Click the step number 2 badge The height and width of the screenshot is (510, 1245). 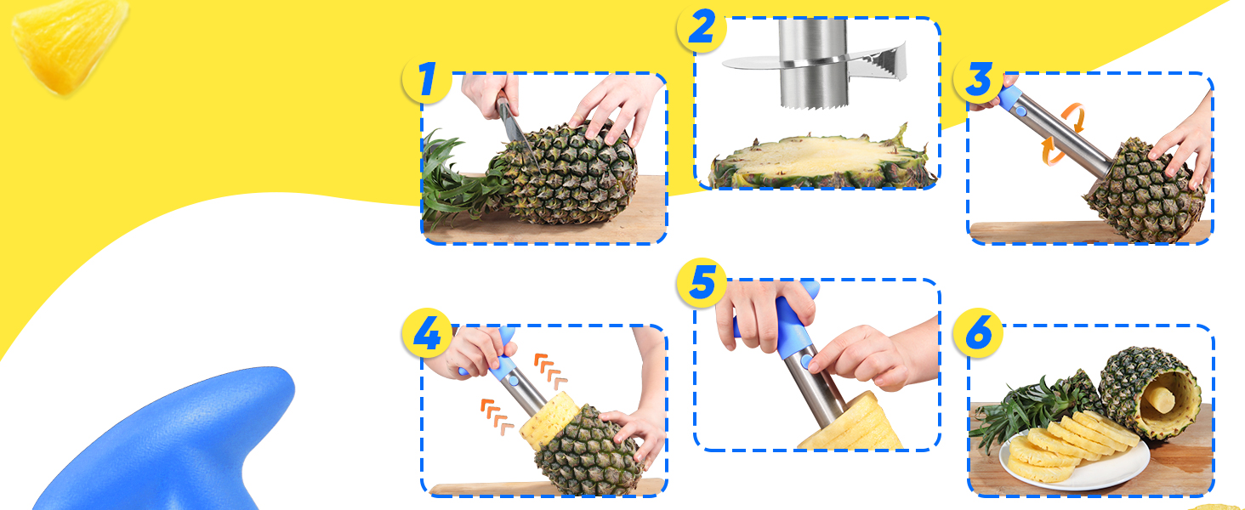point(701,28)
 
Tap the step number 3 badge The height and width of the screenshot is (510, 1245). point(978,80)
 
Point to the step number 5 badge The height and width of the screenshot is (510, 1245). point(701,283)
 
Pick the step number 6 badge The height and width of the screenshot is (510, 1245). point(978,333)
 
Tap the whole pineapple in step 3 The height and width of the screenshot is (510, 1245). point(1144,191)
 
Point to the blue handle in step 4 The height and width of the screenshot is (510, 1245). point(504,361)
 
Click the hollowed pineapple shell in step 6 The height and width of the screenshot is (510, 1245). point(1148,391)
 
